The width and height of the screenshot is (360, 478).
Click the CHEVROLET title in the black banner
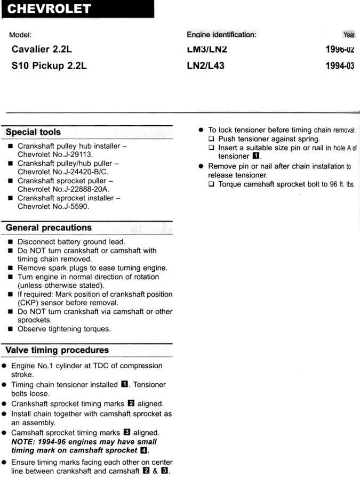point(50,9)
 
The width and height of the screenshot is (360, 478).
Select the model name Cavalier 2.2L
point(42,50)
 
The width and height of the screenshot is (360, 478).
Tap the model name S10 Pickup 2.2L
point(49,67)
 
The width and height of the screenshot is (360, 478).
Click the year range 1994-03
point(340,67)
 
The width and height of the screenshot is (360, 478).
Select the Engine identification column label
point(221,35)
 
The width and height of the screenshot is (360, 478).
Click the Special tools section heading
point(33,132)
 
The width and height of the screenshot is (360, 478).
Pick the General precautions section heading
point(49,228)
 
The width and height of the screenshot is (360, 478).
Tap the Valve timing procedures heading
point(57,350)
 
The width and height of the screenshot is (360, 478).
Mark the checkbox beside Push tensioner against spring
point(212,139)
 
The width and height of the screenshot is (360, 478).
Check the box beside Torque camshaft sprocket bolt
point(212,184)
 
